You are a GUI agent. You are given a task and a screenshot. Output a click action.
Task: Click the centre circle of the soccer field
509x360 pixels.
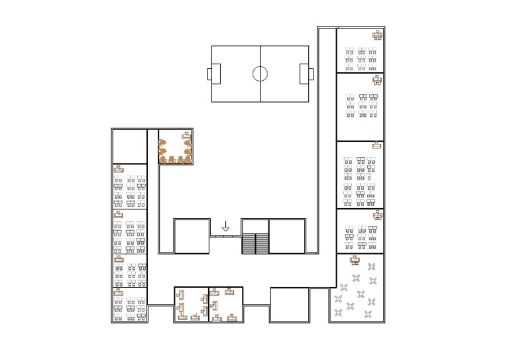click(260, 74)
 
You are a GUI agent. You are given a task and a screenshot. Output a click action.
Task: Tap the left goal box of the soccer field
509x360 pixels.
click(215, 74)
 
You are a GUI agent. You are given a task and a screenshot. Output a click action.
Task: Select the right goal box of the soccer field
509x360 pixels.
click(304, 74)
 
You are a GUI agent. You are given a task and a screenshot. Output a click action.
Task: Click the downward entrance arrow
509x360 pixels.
click(225, 226)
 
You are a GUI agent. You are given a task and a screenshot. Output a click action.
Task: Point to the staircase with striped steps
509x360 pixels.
click(255, 243)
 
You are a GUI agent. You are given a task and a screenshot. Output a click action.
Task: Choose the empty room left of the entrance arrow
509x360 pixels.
click(192, 236)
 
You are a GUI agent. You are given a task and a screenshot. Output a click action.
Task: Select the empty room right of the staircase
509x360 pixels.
click(286, 236)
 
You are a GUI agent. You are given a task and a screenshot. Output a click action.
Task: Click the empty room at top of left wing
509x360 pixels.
click(129, 147)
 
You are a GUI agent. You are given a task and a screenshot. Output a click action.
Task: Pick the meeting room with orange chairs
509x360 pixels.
click(176, 147)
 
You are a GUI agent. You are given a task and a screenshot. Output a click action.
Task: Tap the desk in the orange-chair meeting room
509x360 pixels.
click(186, 135)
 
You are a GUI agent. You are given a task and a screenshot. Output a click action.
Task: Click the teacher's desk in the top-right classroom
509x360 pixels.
click(377, 35)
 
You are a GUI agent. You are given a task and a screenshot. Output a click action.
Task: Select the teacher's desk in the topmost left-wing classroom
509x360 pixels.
click(119, 170)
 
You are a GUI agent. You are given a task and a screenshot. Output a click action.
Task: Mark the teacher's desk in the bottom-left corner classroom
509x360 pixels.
click(119, 292)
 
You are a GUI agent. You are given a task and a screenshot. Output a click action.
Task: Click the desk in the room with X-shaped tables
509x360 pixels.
click(355, 260)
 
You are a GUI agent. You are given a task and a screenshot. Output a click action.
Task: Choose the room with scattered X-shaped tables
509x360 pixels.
click(357, 288)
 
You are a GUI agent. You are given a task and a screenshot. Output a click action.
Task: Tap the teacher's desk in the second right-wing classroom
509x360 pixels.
click(376, 80)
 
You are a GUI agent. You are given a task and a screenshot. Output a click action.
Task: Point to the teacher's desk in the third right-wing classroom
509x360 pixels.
click(376, 145)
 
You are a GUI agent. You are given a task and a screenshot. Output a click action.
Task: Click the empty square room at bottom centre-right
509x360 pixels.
click(290, 304)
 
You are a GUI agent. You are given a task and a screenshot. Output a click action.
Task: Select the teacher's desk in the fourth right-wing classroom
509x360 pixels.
click(377, 215)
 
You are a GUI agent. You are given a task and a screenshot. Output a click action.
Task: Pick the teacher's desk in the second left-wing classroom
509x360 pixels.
click(119, 215)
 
